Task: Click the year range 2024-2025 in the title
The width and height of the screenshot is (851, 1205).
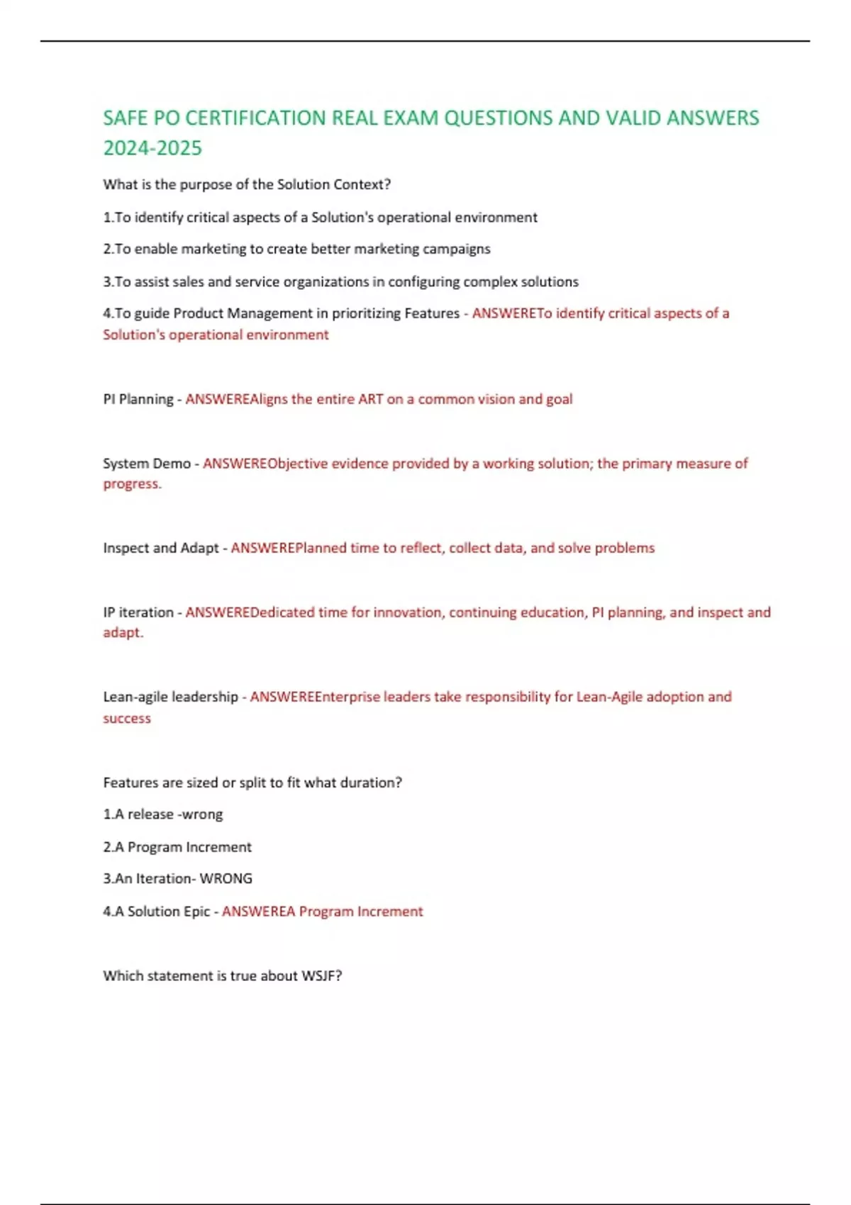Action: (x=152, y=148)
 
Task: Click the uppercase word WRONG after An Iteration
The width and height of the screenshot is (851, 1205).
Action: (x=226, y=879)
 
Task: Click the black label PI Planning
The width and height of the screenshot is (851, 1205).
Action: (x=138, y=399)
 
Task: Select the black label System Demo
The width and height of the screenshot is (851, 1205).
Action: (x=147, y=464)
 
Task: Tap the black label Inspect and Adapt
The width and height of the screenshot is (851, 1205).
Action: (x=161, y=548)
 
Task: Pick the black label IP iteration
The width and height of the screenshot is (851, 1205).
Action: (x=138, y=612)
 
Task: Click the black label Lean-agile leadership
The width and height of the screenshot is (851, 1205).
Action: (x=170, y=697)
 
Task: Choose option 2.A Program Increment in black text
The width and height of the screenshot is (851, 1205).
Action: (x=177, y=847)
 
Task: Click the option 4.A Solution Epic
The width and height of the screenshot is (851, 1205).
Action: (x=156, y=912)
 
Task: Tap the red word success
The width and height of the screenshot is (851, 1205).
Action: (x=127, y=718)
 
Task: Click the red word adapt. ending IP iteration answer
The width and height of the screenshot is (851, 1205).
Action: (x=123, y=632)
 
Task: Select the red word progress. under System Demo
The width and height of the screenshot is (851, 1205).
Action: (x=132, y=484)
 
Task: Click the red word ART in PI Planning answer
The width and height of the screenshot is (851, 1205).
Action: (x=370, y=399)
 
